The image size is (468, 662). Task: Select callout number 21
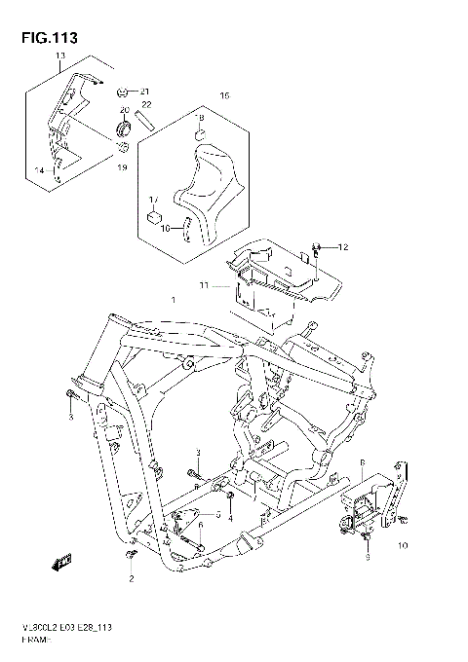pyautogui.click(x=145, y=91)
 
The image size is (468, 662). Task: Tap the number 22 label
pyautogui.click(x=146, y=104)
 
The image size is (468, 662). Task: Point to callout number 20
pyautogui.click(x=126, y=111)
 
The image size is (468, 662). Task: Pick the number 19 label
pyautogui.click(x=123, y=168)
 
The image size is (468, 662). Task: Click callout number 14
pyautogui.click(x=40, y=170)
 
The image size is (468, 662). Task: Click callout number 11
pyautogui.click(x=206, y=285)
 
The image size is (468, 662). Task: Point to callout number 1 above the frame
pyautogui.click(x=175, y=301)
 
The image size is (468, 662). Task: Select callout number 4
pyautogui.click(x=231, y=519)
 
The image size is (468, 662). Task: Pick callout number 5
pyautogui.click(x=218, y=512)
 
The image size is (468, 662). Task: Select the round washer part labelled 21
pyautogui.click(x=124, y=91)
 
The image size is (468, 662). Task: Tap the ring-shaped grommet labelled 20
pyautogui.click(x=124, y=129)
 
